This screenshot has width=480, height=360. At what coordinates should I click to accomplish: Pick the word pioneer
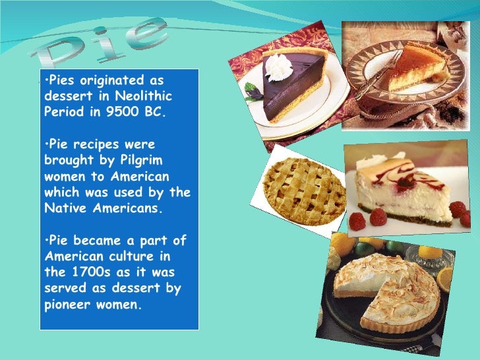coord(71,304)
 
